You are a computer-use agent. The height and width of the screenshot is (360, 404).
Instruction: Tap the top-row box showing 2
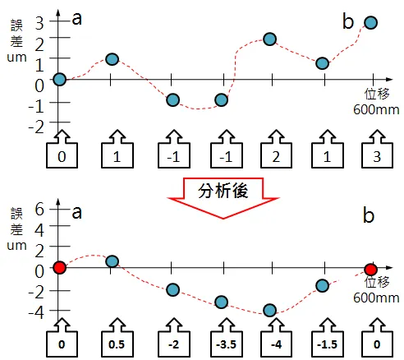(x=270, y=155)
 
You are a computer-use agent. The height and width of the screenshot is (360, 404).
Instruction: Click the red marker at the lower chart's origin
(x=59, y=268)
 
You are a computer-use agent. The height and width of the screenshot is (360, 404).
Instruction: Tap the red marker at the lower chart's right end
(x=371, y=269)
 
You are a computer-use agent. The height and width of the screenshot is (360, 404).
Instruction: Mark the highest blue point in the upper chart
(x=371, y=23)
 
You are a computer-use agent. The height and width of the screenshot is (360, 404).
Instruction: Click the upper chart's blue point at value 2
(x=269, y=39)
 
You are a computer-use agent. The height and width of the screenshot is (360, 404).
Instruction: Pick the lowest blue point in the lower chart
(x=269, y=311)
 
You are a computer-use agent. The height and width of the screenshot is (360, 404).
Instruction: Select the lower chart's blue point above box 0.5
(x=112, y=261)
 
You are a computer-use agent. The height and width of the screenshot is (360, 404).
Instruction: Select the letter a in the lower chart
(x=76, y=212)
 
